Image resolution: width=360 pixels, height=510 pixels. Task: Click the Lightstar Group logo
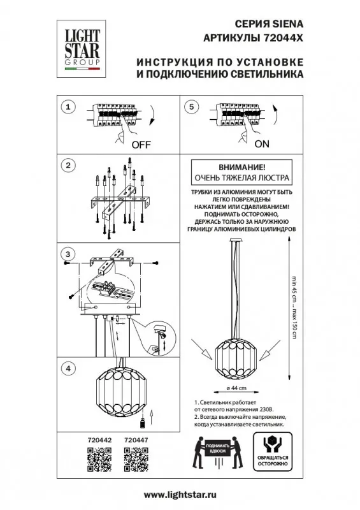click(x=82, y=49)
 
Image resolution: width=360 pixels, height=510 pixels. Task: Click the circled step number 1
click(x=68, y=107)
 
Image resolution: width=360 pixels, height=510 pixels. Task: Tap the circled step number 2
click(x=68, y=166)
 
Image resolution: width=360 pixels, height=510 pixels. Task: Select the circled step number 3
click(x=68, y=254)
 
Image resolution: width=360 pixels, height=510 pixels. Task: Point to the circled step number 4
click(x=68, y=368)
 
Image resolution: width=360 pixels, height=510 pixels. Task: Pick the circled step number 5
click(x=192, y=107)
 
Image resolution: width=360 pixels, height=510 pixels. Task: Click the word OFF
click(x=141, y=145)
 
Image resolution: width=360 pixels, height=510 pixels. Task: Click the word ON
click(x=262, y=144)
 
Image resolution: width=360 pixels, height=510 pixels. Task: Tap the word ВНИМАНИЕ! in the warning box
click(x=241, y=168)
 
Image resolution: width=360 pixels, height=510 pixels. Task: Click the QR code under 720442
click(x=99, y=460)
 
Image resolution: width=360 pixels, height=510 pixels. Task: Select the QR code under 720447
click(x=136, y=460)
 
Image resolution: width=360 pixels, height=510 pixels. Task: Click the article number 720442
click(x=99, y=440)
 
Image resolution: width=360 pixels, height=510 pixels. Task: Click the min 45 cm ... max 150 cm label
click(x=294, y=307)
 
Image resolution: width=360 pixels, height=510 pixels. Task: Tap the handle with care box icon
click(x=273, y=452)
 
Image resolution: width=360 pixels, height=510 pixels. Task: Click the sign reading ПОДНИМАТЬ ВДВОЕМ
click(x=217, y=448)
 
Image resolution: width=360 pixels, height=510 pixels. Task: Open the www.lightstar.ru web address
click(x=180, y=495)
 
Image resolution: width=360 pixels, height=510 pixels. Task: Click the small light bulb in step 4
click(x=142, y=423)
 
